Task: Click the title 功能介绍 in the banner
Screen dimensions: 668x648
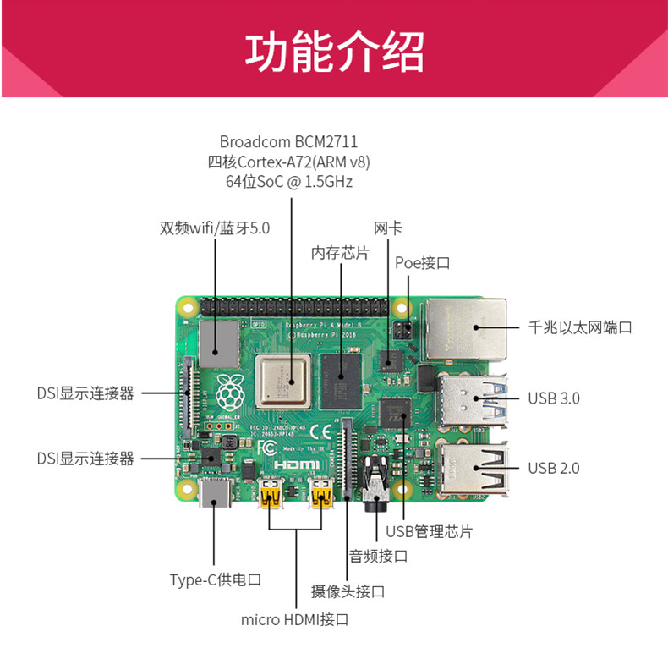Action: (334, 52)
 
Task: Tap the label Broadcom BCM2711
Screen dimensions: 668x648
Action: (293, 141)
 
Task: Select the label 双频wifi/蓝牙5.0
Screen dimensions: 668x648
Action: (215, 228)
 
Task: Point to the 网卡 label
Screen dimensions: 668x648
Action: (387, 228)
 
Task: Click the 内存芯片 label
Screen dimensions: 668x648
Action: (340, 253)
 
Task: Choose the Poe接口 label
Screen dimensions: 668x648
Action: (422, 263)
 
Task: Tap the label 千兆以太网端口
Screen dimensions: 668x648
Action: (580, 327)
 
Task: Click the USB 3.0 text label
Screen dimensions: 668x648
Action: (554, 398)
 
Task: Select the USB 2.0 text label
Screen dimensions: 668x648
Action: (554, 468)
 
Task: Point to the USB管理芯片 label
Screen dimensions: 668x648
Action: (429, 531)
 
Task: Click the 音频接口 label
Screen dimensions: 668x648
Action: (378, 556)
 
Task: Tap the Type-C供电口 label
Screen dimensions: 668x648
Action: (215, 579)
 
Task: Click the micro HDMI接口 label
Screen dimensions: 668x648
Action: (294, 620)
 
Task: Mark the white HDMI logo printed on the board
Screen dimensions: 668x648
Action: (296, 464)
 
